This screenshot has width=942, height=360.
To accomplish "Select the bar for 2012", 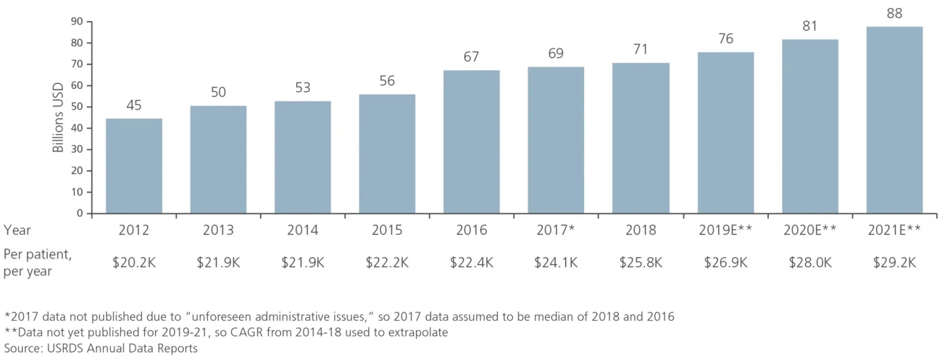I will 134,166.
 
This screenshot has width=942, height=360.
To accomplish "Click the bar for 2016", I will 471,142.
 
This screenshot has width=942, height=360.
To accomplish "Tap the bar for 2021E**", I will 894,120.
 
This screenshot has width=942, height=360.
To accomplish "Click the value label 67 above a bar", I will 471,57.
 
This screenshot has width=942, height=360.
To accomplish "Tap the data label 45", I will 134,105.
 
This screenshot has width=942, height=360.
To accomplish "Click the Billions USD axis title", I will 59,117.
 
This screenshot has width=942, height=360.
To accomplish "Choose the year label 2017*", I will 556,230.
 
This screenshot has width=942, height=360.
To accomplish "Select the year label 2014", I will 303,230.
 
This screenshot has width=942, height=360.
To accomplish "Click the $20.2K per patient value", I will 134,262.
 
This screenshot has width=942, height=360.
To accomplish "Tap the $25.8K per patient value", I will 641,262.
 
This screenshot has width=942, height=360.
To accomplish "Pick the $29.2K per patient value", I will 894,262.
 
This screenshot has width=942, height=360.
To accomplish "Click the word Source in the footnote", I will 22,348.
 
